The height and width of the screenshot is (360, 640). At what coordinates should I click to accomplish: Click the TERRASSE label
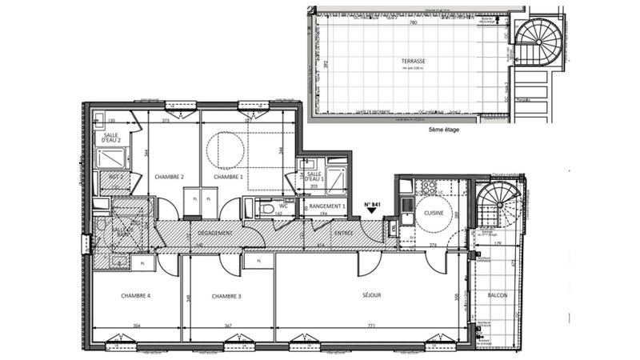(414, 61)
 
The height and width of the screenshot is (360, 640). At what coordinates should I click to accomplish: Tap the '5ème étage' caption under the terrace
(446, 129)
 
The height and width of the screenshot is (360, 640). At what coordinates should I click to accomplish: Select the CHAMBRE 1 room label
(230, 177)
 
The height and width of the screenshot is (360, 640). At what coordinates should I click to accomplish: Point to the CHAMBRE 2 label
(170, 177)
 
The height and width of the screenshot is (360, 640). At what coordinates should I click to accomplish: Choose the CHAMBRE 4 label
(136, 296)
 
